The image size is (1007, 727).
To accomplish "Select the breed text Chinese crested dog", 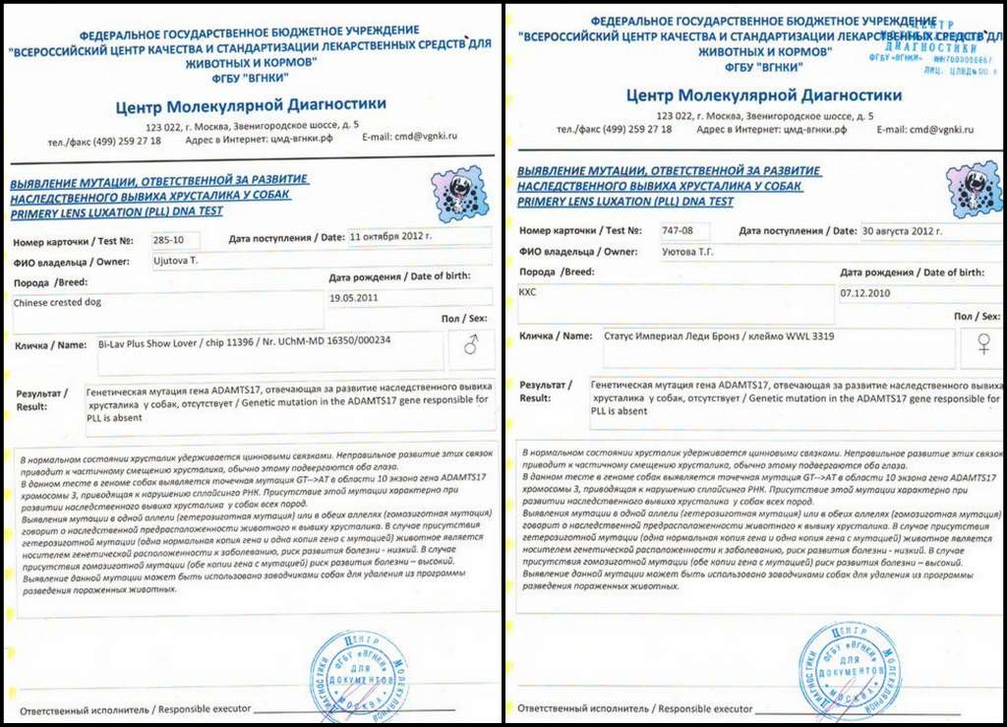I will pyautogui.click(x=57, y=303).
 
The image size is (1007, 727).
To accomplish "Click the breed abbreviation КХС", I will pyautogui.click(x=530, y=293).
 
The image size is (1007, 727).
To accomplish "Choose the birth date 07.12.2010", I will pyautogui.click(x=864, y=293).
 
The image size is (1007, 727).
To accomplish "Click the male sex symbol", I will pyautogui.click(x=471, y=345).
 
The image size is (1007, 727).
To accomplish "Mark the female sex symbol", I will pyautogui.click(x=981, y=343).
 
